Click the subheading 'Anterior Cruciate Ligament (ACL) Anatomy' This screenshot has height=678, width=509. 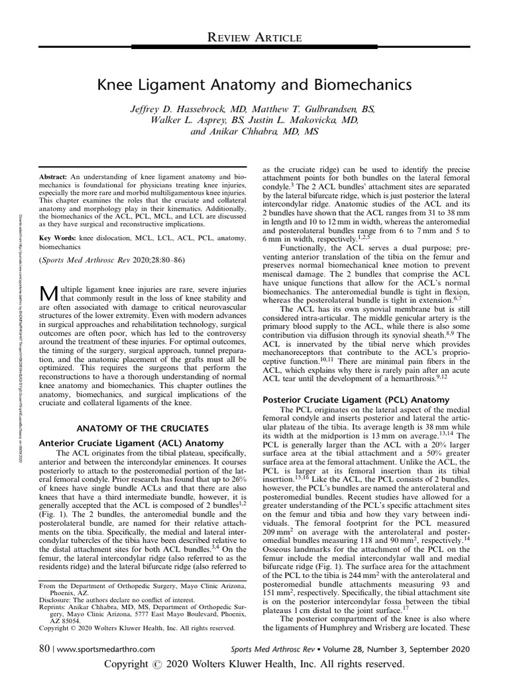point(131,442)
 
